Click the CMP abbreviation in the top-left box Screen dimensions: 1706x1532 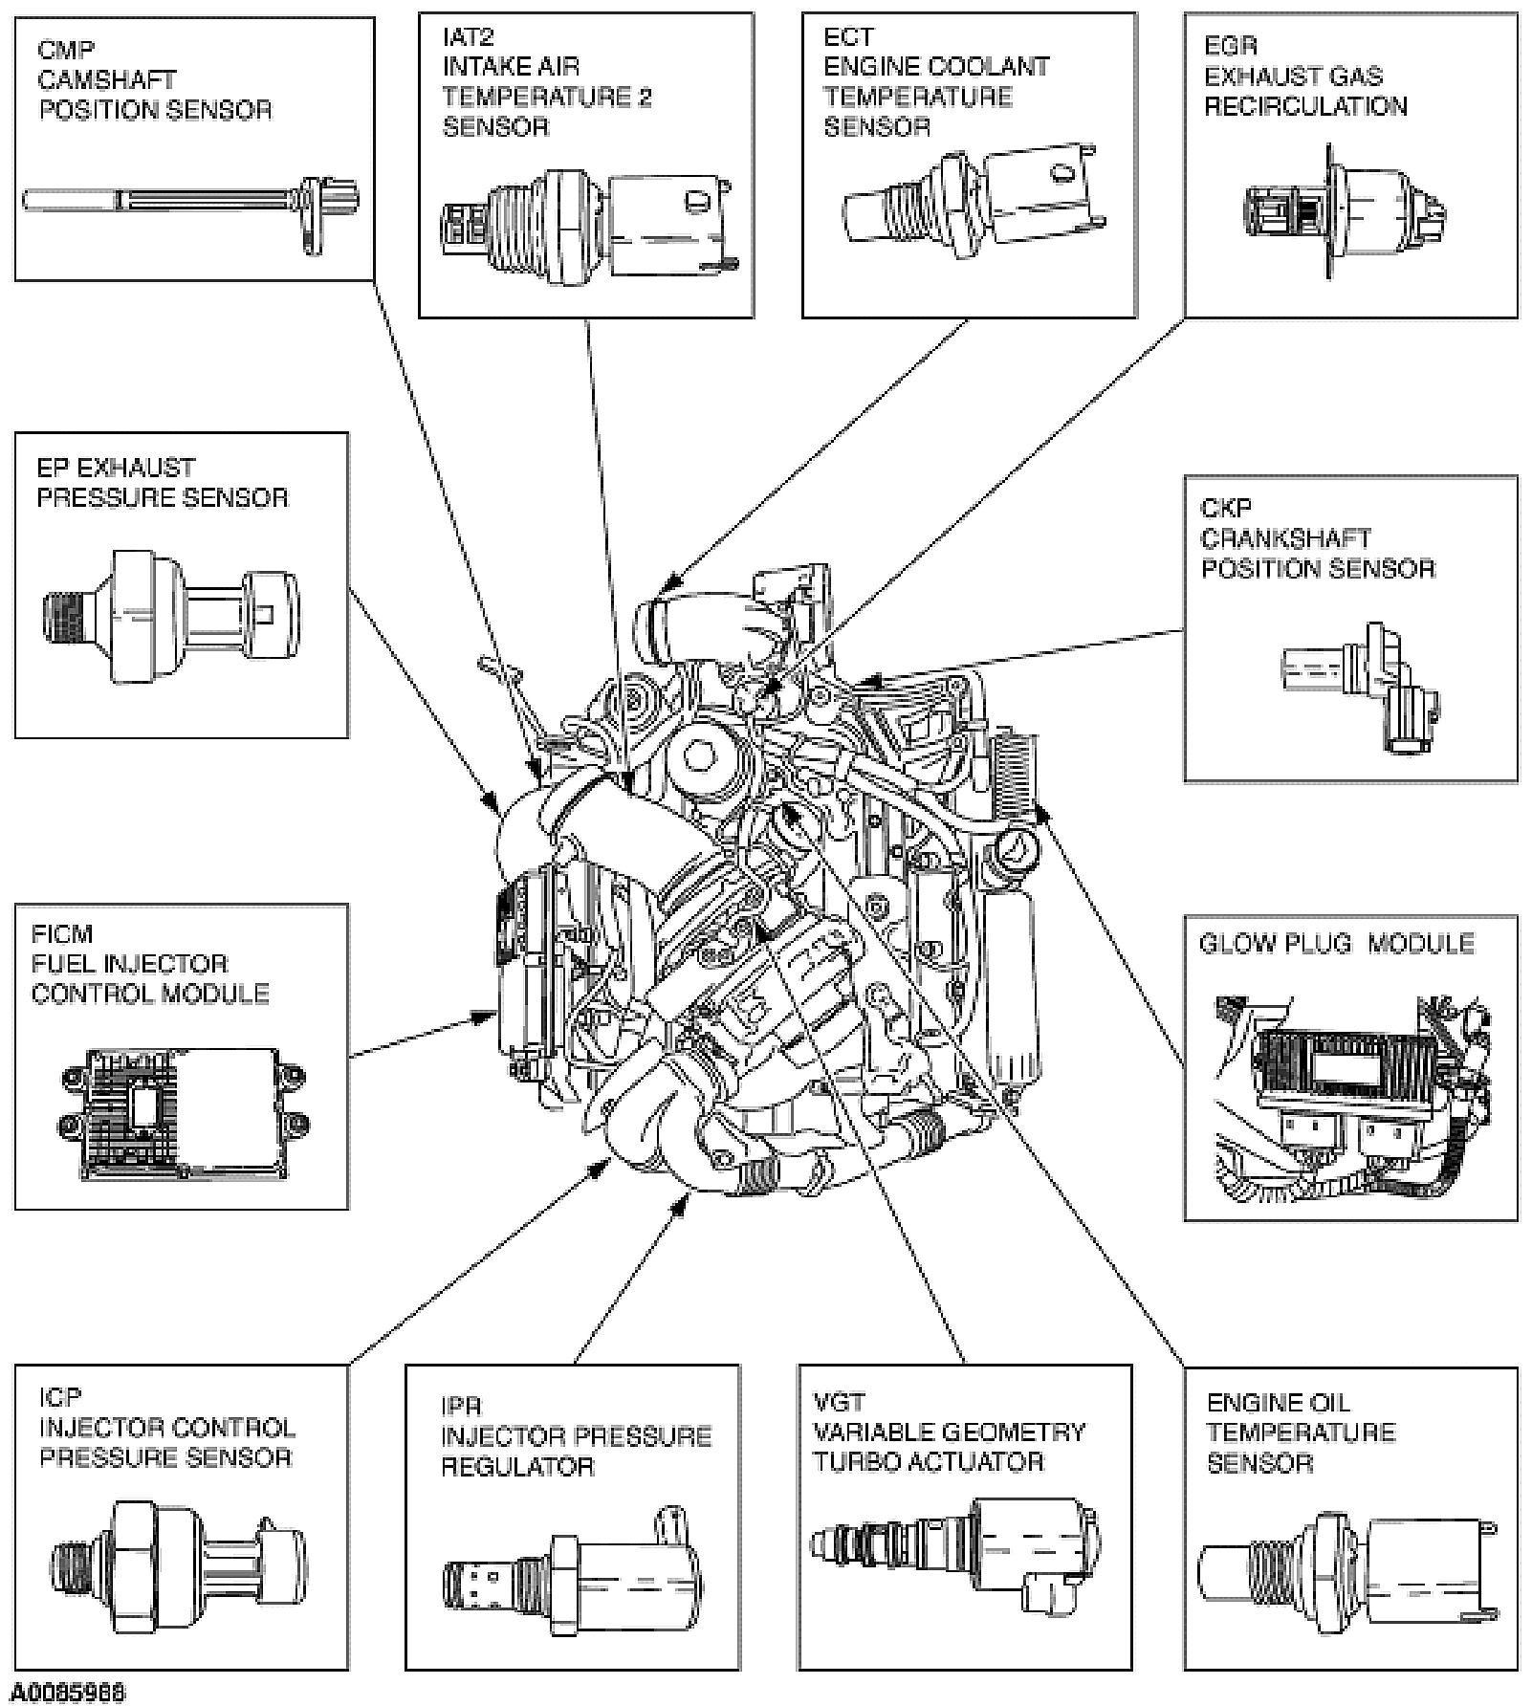tap(66, 49)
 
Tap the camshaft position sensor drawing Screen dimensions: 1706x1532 tap(191, 203)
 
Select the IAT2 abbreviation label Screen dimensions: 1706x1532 tap(468, 37)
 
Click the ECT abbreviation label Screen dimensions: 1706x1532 tap(848, 37)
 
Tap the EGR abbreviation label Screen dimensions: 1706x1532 tap(1230, 46)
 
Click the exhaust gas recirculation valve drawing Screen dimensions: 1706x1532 tap(1344, 210)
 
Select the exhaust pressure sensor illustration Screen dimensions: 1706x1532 tap(172, 616)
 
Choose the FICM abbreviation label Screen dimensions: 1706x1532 tap(62, 933)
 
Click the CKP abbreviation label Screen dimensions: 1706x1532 tap(1225, 508)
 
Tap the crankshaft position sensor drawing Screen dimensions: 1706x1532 tap(1362, 685)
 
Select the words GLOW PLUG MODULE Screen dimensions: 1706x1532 tap(1336, 944)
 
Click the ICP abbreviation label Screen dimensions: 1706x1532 tap(60, 1397)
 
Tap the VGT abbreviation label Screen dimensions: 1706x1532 tap(839, 1402)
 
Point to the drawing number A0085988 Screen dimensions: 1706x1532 tap(65, 1693)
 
